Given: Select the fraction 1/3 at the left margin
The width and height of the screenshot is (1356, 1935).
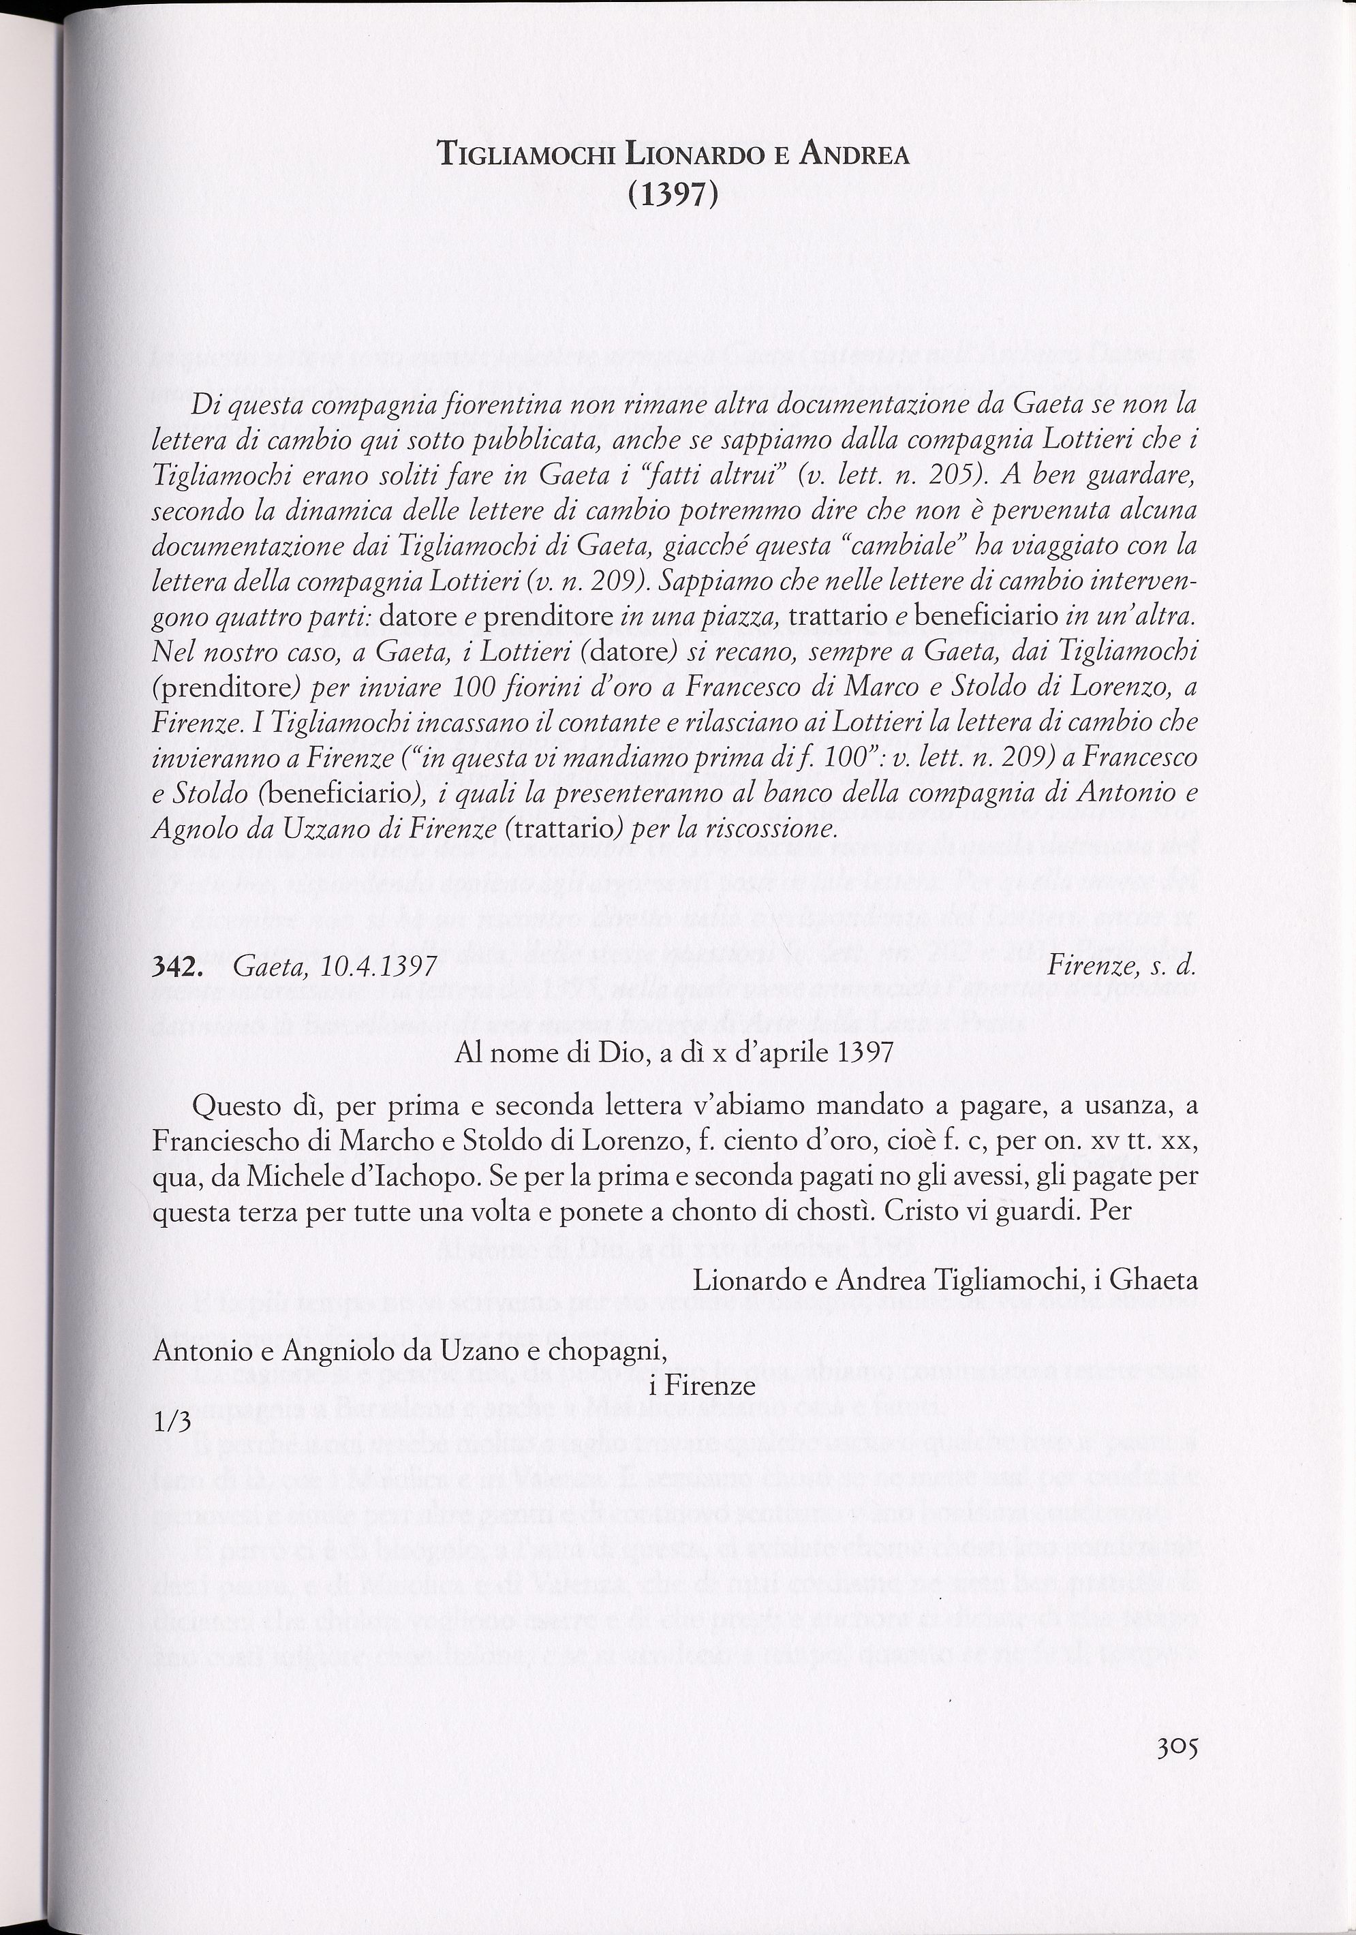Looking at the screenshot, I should pyautogui.click(x=172, y=1423).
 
